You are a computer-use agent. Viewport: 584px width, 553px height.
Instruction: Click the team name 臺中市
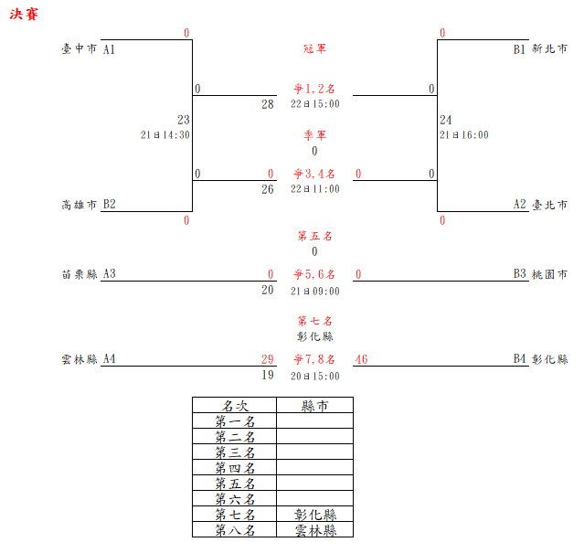(x=79, y=49)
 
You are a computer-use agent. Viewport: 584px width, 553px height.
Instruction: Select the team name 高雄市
(x=79, y=205)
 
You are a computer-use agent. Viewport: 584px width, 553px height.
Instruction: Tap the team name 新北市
(x=550, y=49)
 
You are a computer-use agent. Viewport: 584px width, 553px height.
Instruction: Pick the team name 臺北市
(x=550, y=205)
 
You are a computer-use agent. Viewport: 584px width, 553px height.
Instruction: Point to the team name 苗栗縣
(x=79, y=273)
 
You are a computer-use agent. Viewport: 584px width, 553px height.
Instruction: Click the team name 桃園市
(x=550, y=273)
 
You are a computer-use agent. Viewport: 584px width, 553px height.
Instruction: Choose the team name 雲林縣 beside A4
(x=79, y=359)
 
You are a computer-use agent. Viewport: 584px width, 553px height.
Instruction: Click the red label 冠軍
(x=314, y=48)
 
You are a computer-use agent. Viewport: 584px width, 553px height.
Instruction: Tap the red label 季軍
(x=314, y=135)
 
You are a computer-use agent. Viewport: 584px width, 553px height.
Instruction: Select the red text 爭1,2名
(x=314, y=90)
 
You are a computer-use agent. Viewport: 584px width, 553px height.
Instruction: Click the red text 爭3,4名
(x=314, y=174)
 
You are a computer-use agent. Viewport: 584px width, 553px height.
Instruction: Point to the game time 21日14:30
(x=165, y=134)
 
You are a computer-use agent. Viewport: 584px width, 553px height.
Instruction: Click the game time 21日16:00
(x=463, y=134)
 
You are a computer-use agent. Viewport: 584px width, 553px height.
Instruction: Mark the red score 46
(x=361, y=359)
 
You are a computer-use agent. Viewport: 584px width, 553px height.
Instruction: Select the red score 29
(x=267, y=359)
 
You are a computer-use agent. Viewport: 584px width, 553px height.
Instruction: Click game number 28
(x=267, y=104)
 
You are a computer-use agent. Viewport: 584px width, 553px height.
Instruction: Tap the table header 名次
(x=234, y=406)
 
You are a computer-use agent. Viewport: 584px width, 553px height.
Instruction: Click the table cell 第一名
(x=234, y=421)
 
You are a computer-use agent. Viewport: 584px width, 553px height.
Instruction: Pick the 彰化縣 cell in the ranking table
(x=314, y=515)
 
